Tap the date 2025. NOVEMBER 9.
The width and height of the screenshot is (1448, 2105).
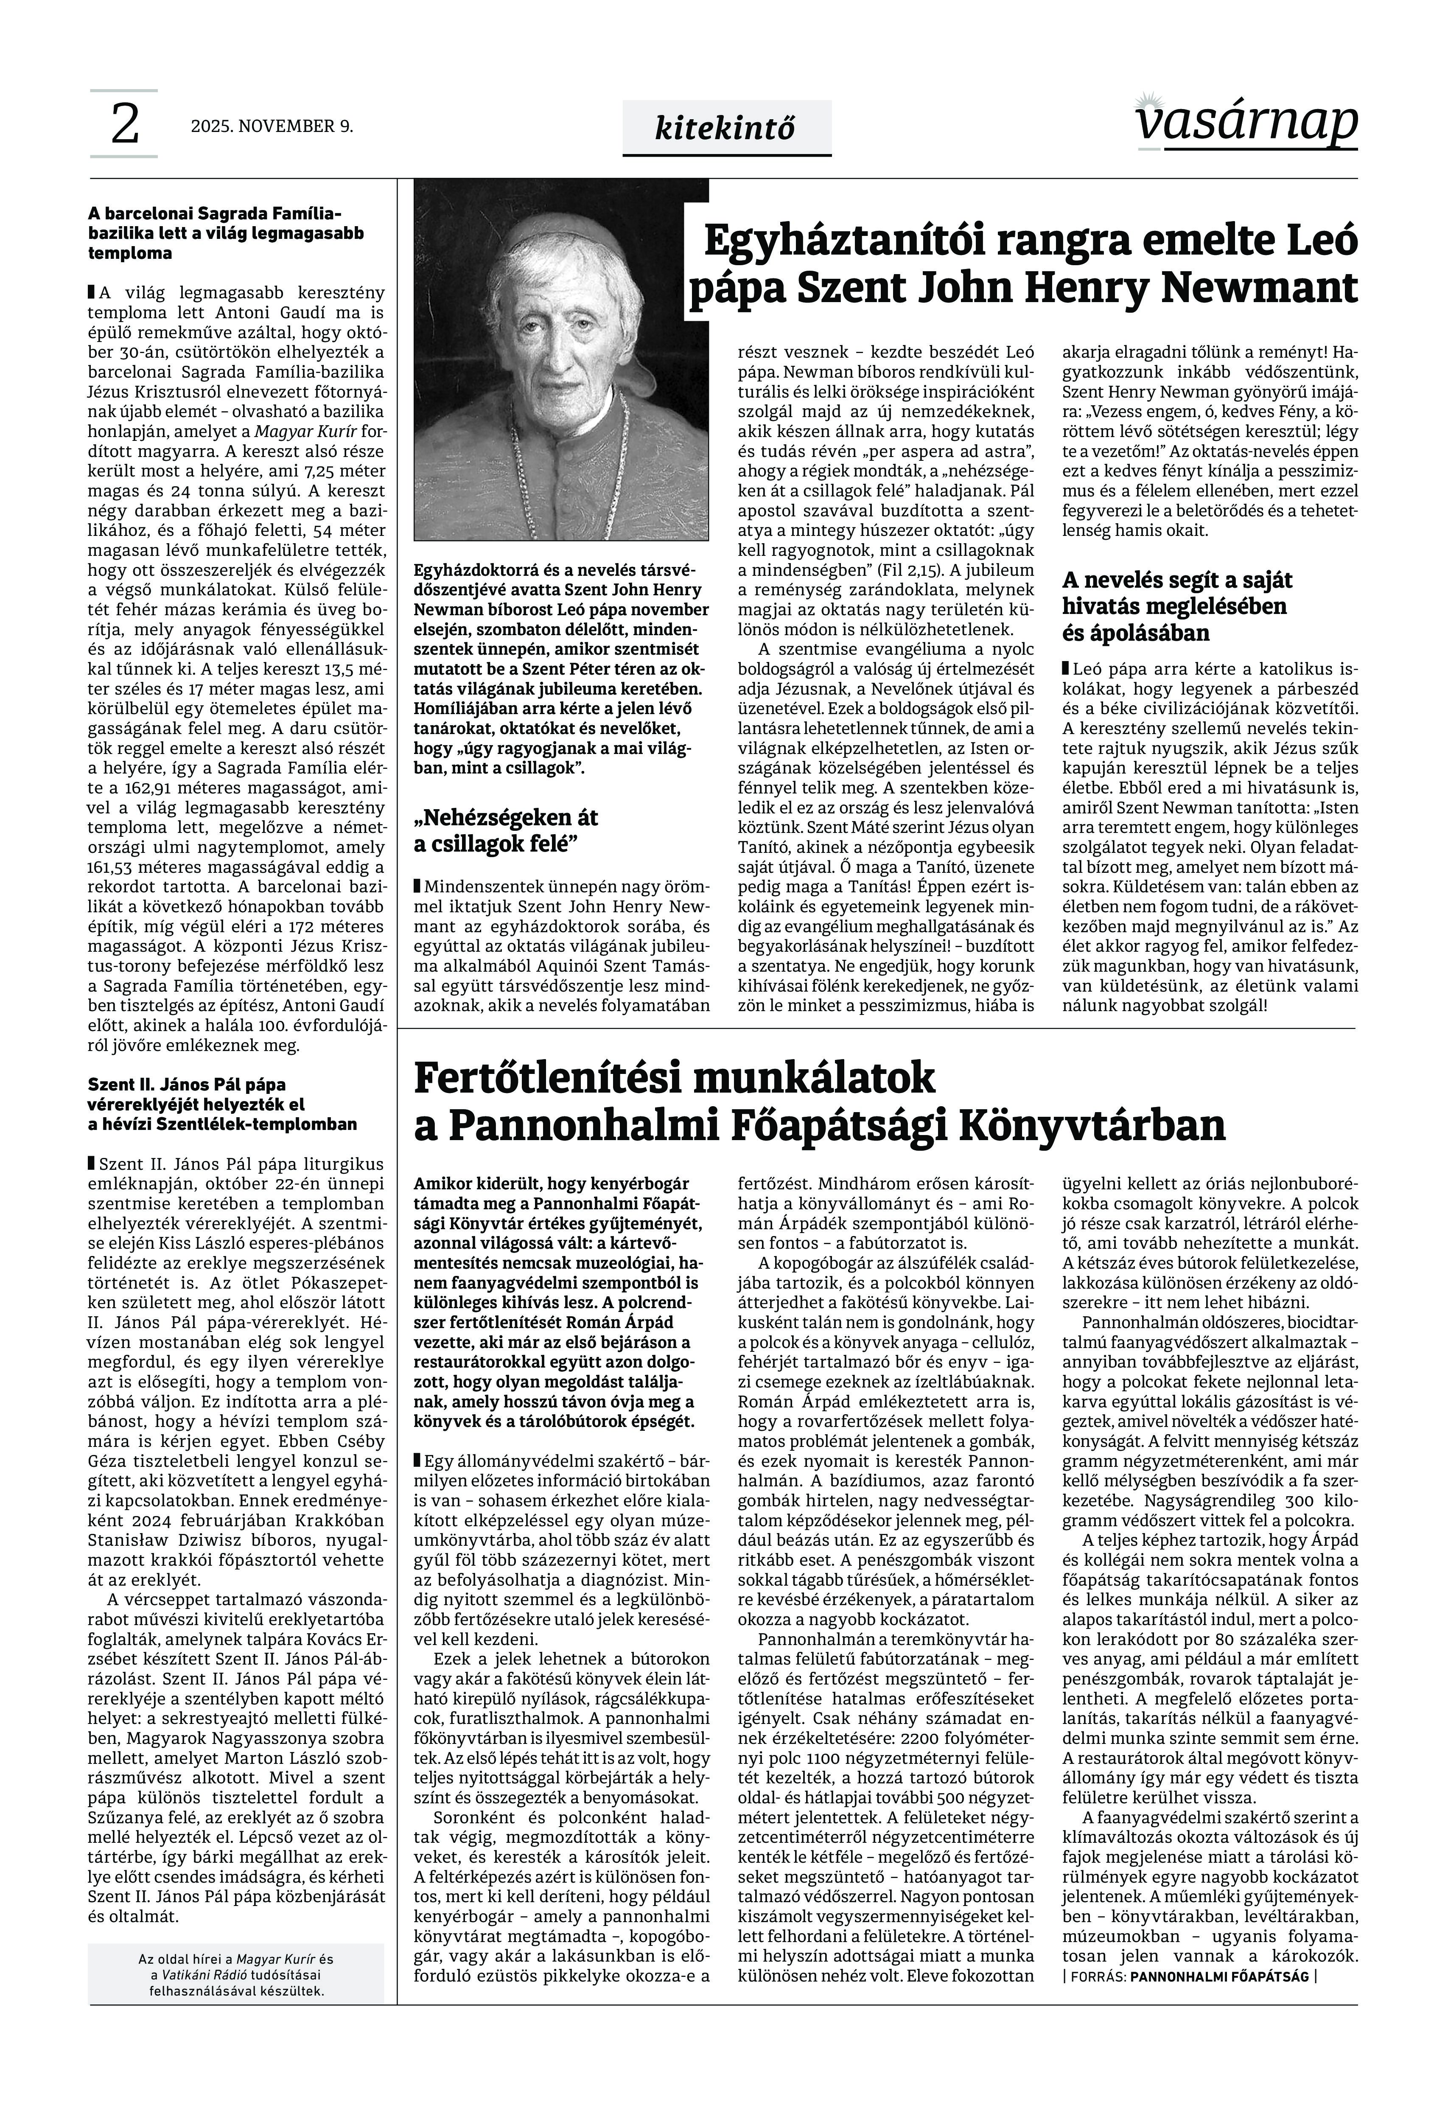(271, 126)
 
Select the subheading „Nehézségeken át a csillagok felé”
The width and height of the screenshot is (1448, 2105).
(505, 830)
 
